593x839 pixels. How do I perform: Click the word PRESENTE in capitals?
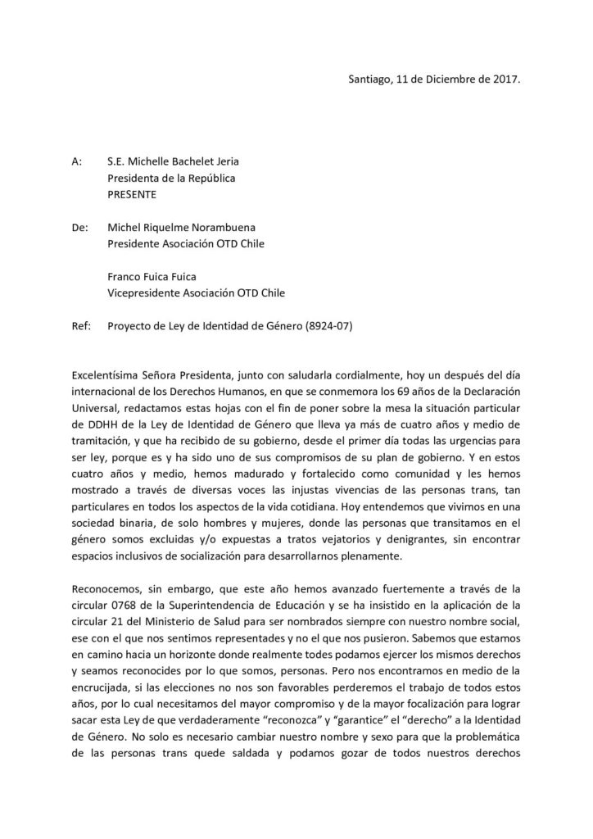135,196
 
